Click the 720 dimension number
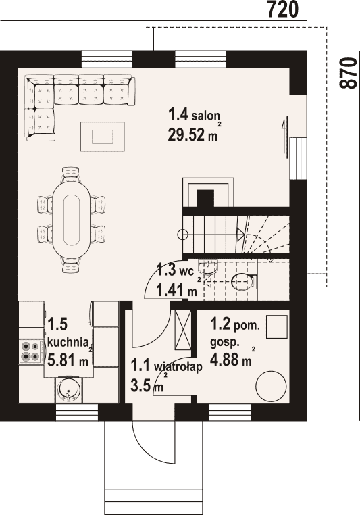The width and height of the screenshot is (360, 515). pos(282,9)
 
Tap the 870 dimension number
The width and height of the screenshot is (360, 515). pos(347,73)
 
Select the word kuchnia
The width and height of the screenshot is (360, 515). pos(68,342)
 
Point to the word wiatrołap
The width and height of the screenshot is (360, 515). pos(178,367)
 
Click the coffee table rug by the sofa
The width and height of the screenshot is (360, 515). pos(103,137)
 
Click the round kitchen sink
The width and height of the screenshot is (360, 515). pos(69,389)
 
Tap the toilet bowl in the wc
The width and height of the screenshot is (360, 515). pos(244,282)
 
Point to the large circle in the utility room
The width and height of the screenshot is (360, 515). pos(271,386)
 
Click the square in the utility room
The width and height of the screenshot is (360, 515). pos(277,327)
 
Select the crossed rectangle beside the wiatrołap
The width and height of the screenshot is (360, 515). pos(183,329)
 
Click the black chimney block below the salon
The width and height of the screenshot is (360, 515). pos(206,199)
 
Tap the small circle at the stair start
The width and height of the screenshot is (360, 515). pos(182,235)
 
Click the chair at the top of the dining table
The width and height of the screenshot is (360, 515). pos(71,174)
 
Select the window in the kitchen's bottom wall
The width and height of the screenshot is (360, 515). pos(77,413)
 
